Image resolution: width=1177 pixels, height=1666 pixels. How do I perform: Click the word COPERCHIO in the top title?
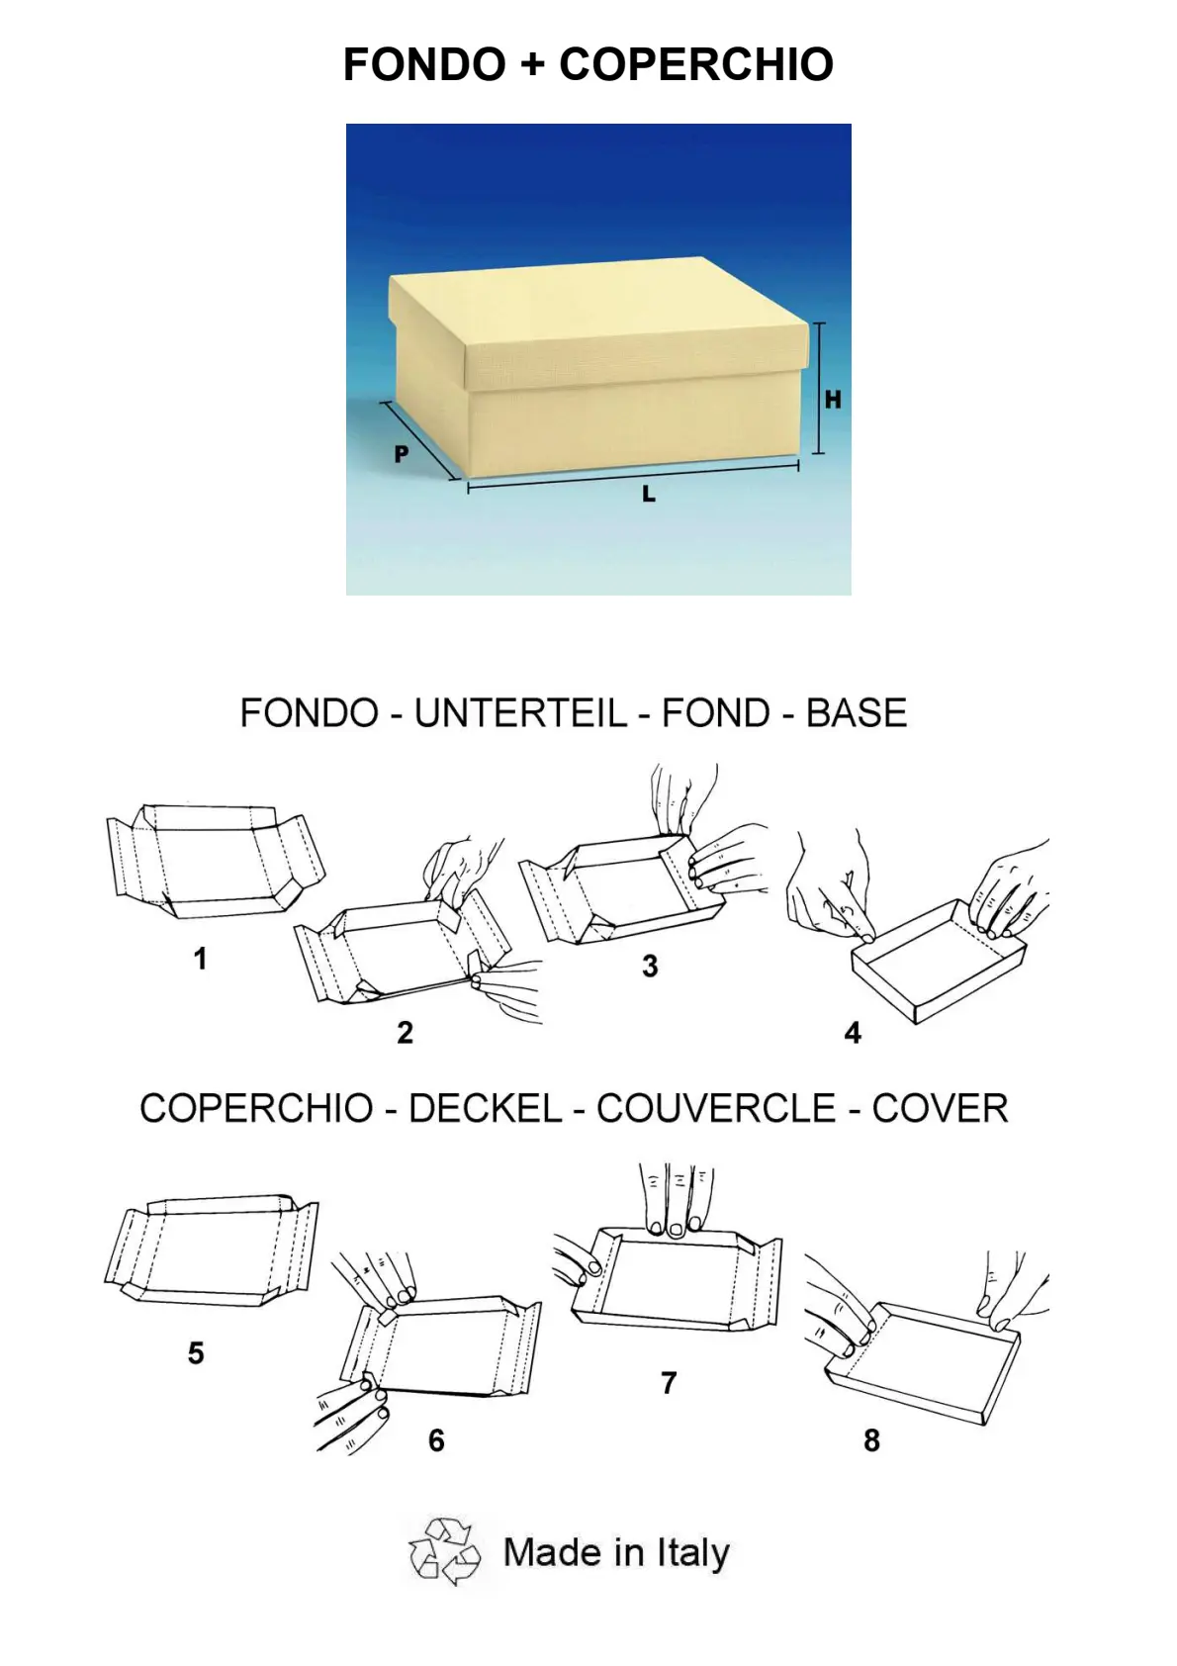click(696, 64)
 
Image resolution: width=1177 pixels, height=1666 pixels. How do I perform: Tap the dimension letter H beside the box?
click(833, 400)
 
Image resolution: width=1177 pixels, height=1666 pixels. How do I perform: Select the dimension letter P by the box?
click(402, 454)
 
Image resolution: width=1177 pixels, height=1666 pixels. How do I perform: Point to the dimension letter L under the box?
click(649, 493)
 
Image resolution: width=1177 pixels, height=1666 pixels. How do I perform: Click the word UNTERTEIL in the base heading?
click(521, 713)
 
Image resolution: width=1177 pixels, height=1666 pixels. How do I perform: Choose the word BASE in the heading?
click(857, 713)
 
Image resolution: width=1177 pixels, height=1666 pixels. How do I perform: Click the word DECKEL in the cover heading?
click(486, 1108)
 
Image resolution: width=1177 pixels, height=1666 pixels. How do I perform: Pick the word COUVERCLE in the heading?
click(716, 1108)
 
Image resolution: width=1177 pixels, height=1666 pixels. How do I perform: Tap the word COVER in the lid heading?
click(940, 1108)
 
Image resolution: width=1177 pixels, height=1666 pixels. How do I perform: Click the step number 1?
click(200, 959)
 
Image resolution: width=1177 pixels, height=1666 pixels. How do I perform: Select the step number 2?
click(405, 1032)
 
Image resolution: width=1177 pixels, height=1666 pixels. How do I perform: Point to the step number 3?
click(650, 967)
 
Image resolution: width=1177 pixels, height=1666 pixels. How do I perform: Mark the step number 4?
click(853, 1032)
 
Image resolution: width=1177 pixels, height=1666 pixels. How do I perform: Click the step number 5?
click(196, 1352)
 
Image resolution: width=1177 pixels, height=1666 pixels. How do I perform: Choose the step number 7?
click(669, 1383)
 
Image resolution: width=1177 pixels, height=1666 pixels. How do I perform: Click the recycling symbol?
click(445, 1551)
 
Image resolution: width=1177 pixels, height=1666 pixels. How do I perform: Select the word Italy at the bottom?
click(692, 1553)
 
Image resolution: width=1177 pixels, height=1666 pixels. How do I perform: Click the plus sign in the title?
click(532, 65)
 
